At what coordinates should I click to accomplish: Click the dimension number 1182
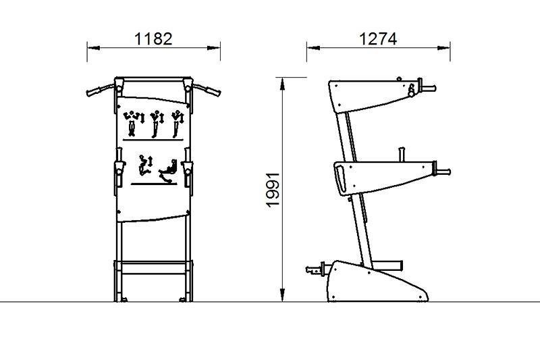tap(153, 38)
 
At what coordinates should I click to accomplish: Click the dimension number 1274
tap(378, 39)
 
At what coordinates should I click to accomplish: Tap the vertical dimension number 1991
tap(273, 190)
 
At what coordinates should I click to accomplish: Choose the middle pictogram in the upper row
tap(157, 124)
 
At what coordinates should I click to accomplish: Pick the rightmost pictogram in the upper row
tap(178, 124)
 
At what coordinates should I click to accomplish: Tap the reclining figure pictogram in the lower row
tap(167, 171)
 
